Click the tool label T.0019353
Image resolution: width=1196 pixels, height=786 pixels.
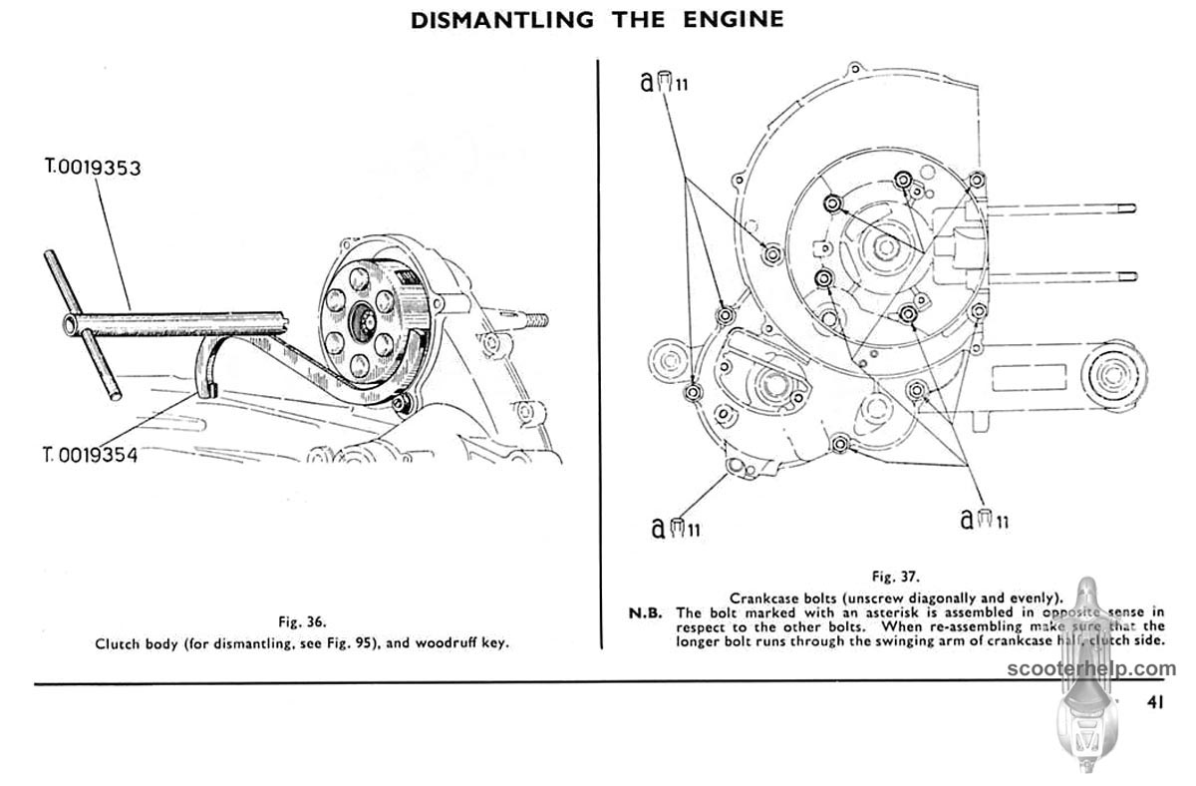tap(93, 168)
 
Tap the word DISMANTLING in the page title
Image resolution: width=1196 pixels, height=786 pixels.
tap(502, 18)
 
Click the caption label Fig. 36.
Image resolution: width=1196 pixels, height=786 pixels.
tap(301, 621)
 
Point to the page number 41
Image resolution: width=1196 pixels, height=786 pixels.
tap(1155, 701)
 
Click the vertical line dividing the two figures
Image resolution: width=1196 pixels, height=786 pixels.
tap(599, 349)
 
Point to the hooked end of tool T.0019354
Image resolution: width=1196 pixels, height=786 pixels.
tap(209, 384)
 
